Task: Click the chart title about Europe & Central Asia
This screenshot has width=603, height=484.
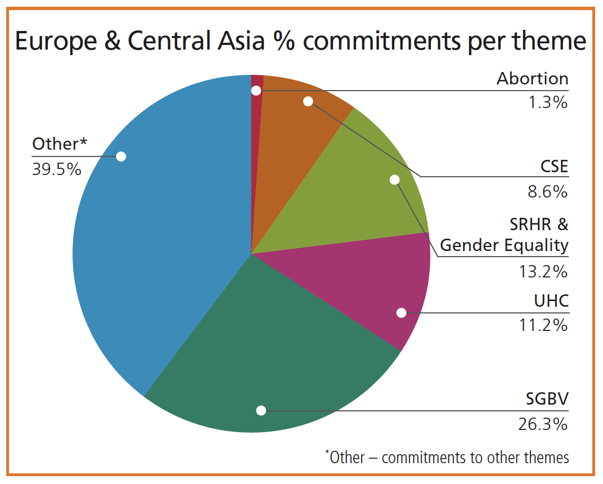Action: [x=301, y=42]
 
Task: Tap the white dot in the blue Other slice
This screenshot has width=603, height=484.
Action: [x=120, y=156]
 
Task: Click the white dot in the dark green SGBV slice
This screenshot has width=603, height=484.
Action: [x=261, y=410]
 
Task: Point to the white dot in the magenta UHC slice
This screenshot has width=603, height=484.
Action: [x=401, y=313]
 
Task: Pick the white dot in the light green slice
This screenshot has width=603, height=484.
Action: [x=394, y=180]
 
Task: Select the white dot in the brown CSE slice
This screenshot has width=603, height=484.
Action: [x=308, y=101]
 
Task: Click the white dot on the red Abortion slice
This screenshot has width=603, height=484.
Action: [x=256, y=90]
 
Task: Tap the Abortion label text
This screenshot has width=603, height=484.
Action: [x=532, y=79]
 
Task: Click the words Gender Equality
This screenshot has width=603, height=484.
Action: [x=504, y=245]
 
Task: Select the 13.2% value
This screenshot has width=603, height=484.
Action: [x=543, y=272]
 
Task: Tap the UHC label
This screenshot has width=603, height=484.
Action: [x=551, y=301]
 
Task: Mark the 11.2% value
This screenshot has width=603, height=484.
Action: [x=543, y=325]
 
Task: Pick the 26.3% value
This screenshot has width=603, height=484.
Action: [x=543, y=424]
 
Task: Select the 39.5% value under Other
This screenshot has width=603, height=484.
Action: [x=57, y=169]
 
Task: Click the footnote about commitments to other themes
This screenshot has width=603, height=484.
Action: [x=447, y=457]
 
